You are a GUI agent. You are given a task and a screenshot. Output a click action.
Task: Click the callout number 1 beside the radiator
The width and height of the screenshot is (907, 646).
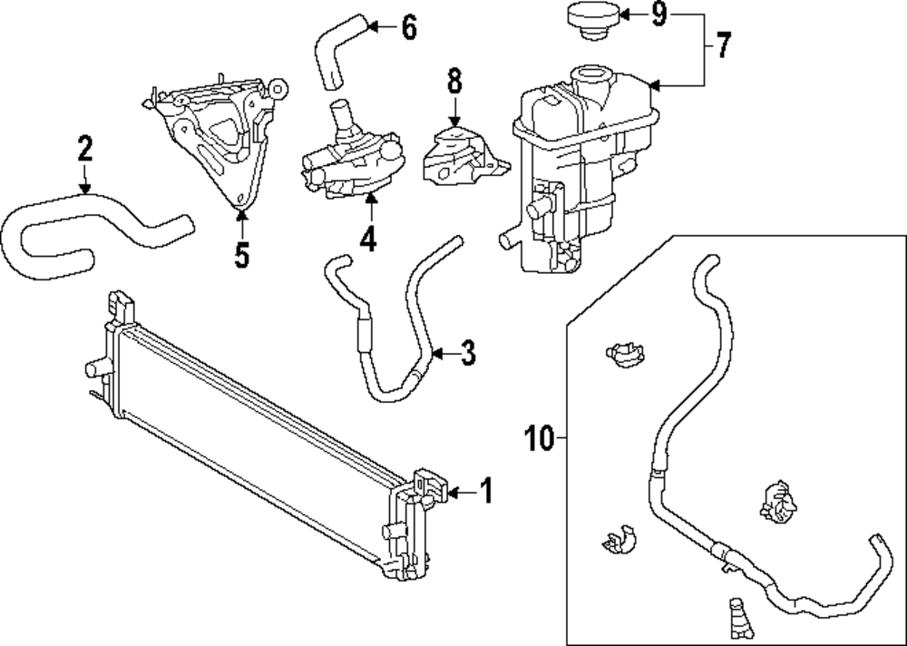(x=485, y=491)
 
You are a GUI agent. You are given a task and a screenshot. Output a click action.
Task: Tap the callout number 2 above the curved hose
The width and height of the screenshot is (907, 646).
(x=84, y=148)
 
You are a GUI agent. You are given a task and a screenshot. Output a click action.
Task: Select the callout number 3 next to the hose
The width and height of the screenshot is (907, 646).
(x=467, y=353)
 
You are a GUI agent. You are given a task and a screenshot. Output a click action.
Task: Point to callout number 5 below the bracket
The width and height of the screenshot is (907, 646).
(x=240, y=255)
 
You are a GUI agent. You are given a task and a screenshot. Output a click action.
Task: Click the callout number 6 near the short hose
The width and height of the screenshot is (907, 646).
(x=408, y=28)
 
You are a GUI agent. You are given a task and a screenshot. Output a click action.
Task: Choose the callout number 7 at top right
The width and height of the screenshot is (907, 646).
(x=722, y=45)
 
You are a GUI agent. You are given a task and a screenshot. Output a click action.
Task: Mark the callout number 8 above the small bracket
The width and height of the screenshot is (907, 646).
(x=453, y=82)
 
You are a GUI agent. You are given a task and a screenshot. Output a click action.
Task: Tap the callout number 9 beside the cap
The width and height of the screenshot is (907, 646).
(x=658, y=15)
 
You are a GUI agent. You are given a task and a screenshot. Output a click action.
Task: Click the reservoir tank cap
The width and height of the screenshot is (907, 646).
(x=590, y=21)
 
